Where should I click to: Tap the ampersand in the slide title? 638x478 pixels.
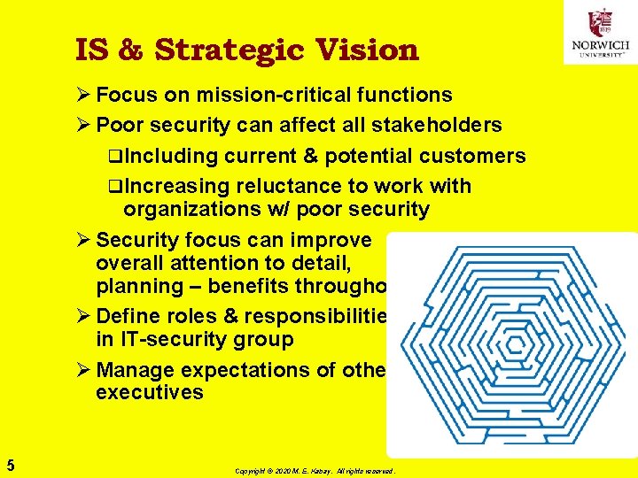click(129, 50)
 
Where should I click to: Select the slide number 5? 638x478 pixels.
click(10, 464)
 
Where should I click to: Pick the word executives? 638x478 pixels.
click(150, 393)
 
